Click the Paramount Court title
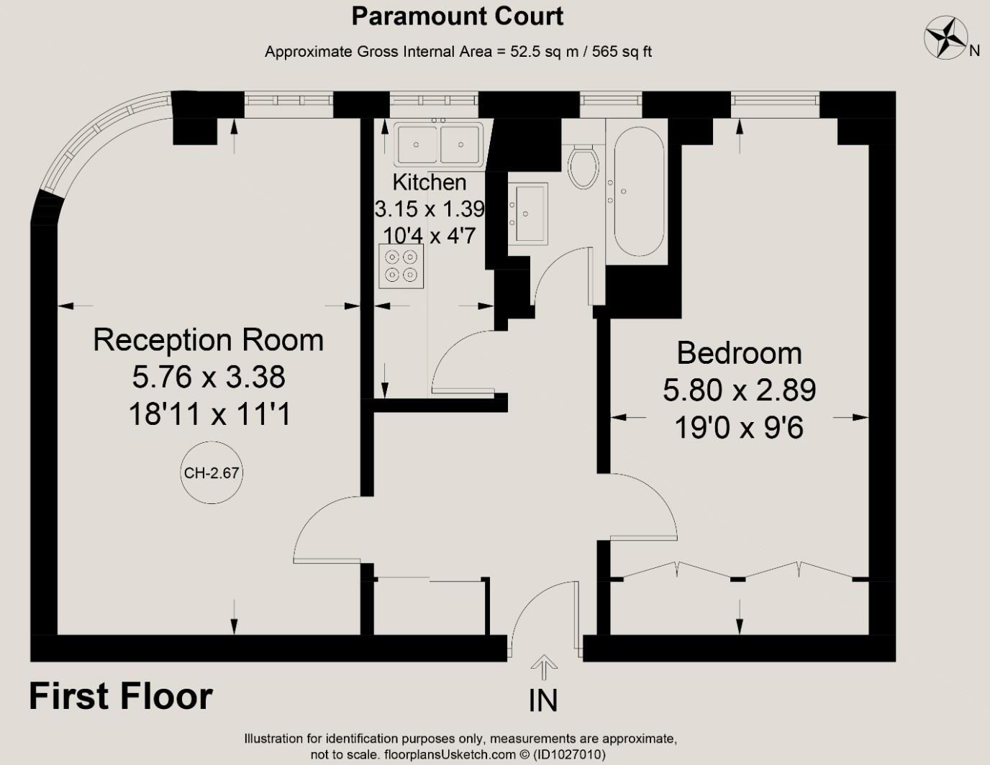[458, 17]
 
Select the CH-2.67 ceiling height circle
[212, 472]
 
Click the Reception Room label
[208, 339]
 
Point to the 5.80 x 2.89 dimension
[739, 390]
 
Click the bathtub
[639, 191]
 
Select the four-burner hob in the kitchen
[401, 266]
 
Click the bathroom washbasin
[527, 214]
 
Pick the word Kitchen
[429, 183]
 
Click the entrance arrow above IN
[544, 667]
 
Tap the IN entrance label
[543, 701]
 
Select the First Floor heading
[121, 696]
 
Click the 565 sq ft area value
[622, 52]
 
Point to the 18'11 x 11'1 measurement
[209, 415]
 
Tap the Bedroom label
[739, 353]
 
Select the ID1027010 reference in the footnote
[570, 755]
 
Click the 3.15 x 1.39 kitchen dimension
[429, 209]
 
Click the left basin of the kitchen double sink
[417, 145]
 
